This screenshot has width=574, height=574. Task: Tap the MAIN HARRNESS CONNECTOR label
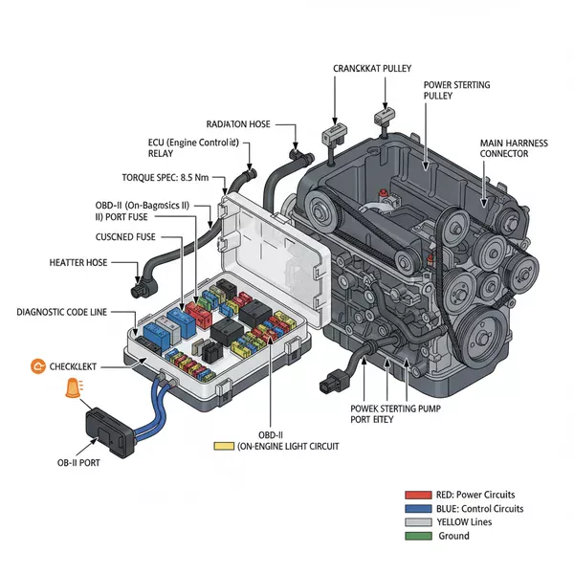coord(513,148)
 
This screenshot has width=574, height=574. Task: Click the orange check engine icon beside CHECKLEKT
coord(39,365)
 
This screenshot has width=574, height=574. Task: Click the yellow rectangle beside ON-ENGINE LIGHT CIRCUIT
coord(224,446)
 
